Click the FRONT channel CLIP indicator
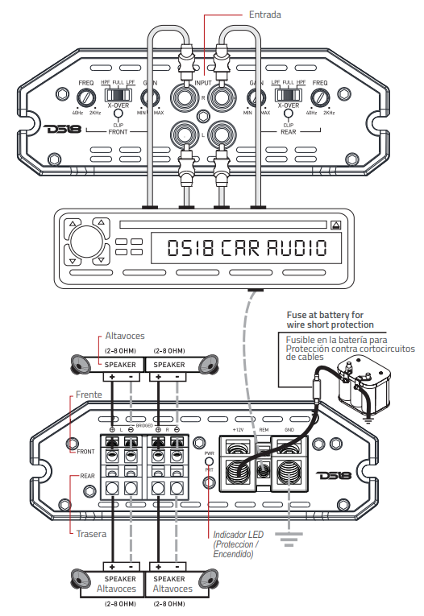(x=118, y=118)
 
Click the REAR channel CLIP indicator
(x=288, y=118)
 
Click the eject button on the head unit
(x=335, y=225)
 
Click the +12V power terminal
(x=238, y=466)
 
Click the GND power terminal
(x=288, y=466)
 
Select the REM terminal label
(x=263, y=430)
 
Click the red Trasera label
(x=92, y=533)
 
